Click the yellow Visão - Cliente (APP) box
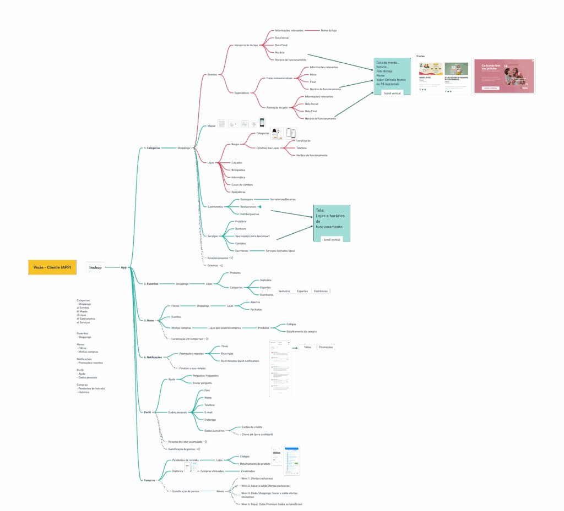52,267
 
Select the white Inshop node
95,267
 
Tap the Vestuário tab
284,291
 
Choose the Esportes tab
302,291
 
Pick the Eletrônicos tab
321,291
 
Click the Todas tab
307,347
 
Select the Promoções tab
326,347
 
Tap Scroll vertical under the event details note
392,94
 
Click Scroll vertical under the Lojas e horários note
332,240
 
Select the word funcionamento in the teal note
329,227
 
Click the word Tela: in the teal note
320,210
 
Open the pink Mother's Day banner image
503,76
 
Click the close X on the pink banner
532,61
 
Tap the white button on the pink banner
490,87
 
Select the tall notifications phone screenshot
280,369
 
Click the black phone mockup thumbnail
262,123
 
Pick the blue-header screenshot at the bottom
291,461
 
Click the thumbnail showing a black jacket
276,133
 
